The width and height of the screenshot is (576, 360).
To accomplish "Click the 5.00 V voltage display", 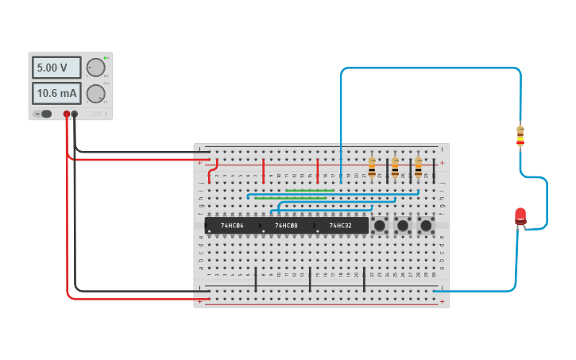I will click(56, 68).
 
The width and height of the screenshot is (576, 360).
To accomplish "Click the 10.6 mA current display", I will click(56, 94).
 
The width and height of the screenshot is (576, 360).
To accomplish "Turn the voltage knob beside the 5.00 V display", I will click(95, 68).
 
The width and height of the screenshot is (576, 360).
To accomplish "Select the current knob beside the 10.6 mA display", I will click(95, 94).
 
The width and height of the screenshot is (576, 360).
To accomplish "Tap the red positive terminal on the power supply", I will click(67, 114).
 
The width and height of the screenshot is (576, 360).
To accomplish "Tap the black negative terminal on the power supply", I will click(75, 114).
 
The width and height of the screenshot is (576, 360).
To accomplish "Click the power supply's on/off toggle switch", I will click(45, 114).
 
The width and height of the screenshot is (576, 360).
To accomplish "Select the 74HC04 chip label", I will click(232, 226).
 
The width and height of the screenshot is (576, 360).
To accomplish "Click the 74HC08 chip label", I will click(286, 226).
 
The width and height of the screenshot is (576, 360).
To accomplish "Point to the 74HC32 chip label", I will click(340, 226).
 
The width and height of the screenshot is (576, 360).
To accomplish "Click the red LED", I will click(520, 215).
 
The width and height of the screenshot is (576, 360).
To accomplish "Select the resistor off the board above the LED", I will click(520, 136).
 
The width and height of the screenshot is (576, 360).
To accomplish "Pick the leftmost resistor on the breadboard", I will click(372, 167).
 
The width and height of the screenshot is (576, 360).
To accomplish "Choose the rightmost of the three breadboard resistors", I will click(419, 167).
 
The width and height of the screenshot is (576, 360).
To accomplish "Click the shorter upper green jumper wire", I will click(309, 191).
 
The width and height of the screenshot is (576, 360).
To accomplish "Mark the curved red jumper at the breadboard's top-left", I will click(211, 171).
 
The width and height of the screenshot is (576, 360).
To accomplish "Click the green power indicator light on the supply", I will click(105, 58).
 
